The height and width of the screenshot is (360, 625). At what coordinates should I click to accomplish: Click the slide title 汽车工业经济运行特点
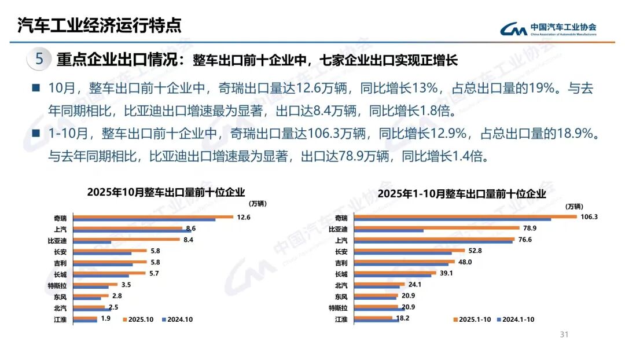[99, 25]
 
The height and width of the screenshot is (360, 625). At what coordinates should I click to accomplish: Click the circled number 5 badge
[39, 59]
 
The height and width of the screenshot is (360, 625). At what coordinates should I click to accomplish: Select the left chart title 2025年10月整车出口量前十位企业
[166, 193]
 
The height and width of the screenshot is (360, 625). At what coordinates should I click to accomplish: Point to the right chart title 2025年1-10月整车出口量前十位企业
[461, 194]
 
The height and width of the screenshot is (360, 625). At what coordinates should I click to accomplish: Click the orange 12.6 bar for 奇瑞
[153, 217]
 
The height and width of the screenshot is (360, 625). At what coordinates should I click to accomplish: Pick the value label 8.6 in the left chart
[190, 228]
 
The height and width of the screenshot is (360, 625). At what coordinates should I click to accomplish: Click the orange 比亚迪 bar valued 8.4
[128, 240]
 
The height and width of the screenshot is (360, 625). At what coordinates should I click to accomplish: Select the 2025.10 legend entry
[139, 319]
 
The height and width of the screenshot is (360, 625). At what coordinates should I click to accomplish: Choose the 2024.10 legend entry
[177, 319]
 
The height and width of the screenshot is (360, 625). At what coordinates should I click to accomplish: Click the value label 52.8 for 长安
[475, 251]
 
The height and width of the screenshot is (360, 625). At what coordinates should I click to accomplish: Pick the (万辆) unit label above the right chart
[573, 207]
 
